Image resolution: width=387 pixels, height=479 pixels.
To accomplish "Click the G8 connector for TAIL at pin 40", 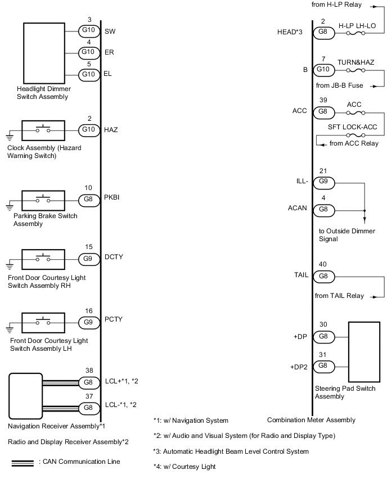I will click(323, 277).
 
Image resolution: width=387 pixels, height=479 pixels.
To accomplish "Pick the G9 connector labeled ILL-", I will click(323, 182).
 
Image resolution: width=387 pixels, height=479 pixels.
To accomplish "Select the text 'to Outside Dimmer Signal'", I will click(340, 234).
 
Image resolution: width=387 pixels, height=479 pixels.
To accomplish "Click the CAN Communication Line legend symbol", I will click(21, 462).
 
